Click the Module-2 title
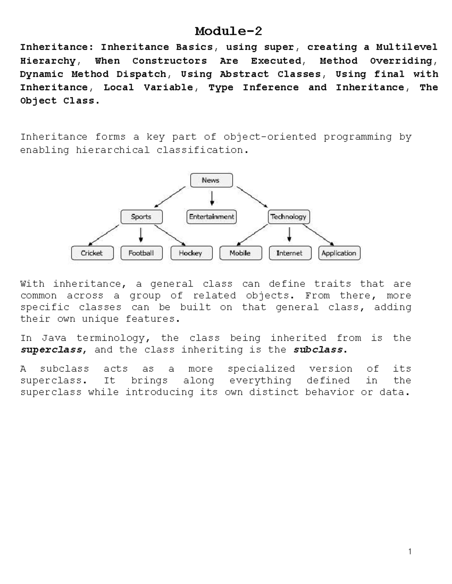pos(228,31)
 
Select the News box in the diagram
pos(211,180)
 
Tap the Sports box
pos(141,217)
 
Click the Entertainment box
pos(212,217)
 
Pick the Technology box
pos(289,217)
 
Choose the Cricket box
pos(92,253)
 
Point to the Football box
pos(141,253)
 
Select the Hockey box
pos(191,253)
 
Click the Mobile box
pos(240,253)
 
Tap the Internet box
pos(290,253)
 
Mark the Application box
pos(339,253)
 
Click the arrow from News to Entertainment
pos(212,198)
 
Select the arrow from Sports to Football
pos(141,235)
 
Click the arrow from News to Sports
pos(170,197)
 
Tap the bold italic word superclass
pos(51,350)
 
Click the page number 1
pos(410,552)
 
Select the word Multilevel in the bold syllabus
pos(407,47)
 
